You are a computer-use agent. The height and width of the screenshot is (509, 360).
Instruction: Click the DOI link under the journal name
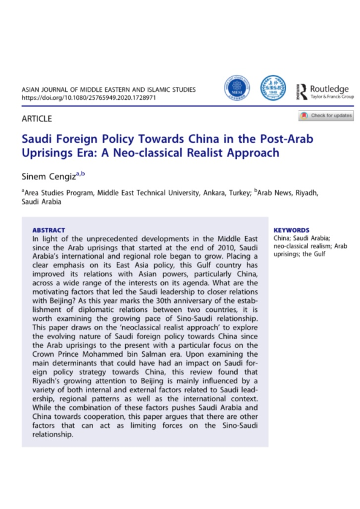[x=90, y=97]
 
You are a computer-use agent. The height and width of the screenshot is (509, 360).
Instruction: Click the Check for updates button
[x=326, y=115]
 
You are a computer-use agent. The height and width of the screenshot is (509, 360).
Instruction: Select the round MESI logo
[x=237, y=88]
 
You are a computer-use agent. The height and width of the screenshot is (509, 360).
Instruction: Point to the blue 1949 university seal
[x=272, y=88]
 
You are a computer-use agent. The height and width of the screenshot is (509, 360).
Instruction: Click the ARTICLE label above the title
[x=37, y=118]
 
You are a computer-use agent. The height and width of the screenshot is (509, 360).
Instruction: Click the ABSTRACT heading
[x=48, y=230]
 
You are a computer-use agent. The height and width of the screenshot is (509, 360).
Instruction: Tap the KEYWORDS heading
[x=292, y=230]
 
